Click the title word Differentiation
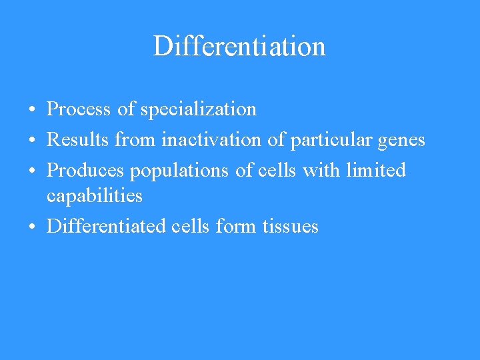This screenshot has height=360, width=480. [239, 46]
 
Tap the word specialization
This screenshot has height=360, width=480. [198, 109]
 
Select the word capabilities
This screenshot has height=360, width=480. [94, 196]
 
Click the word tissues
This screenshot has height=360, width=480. [290, 226]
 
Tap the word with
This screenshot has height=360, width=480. [321, 170]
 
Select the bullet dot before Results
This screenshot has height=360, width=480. [32, 141]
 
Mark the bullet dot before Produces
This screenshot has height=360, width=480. [32, 171]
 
